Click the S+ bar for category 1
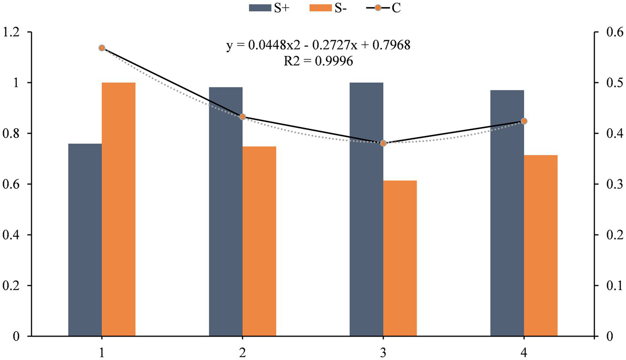click(x=85, y=240)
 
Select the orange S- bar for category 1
click(x=118, y=209)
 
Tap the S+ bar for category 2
click(x=226, y=212)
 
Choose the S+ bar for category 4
click(x=507, y=213)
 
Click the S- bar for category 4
click(x=540, y=246)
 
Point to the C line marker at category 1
click(x=102, y=48)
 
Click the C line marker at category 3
click(x=383, y=143)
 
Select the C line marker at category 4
click(x=524, y=121)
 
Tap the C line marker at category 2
click(x=242, y=117)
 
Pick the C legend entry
click(x=381, y=8)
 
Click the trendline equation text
click(x=318, y=45)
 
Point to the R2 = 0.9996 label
click(x=318, y=61)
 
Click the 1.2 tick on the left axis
click(x=12, y=32)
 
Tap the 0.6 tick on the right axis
click(x=611, y=32)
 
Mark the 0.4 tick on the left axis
click(x=12, y=235)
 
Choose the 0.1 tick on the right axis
click(x=611, y=286)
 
